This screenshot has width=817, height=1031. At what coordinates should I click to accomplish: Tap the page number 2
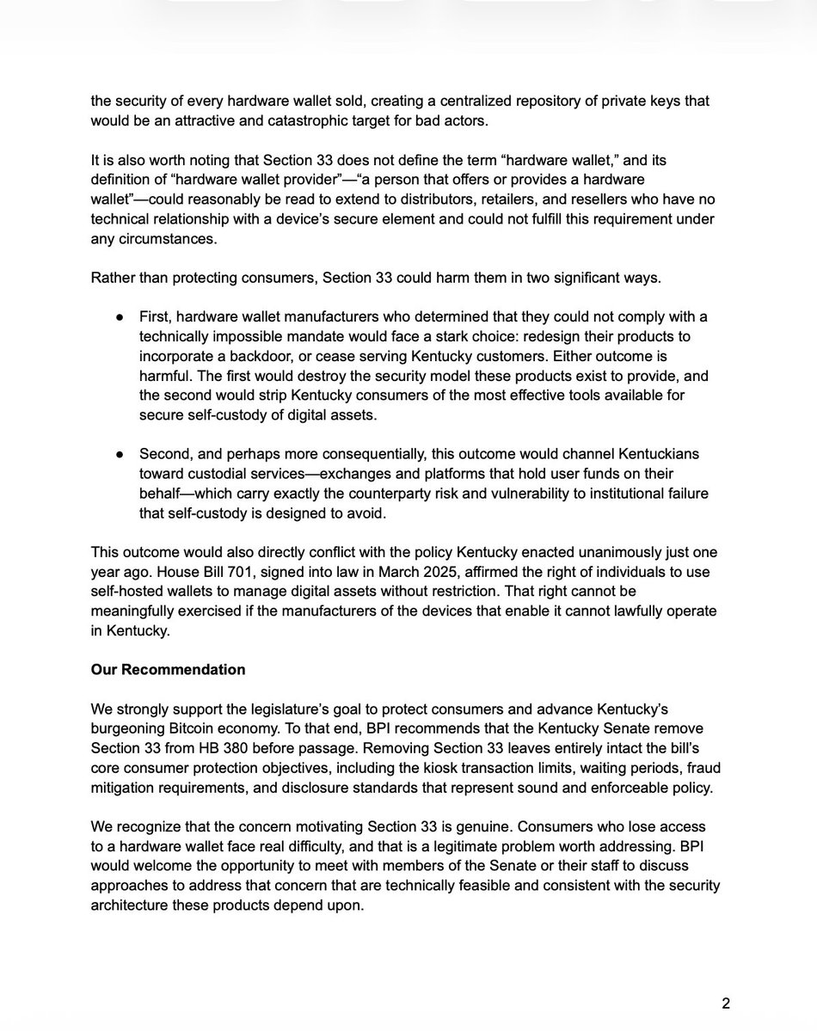point(726,1003)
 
